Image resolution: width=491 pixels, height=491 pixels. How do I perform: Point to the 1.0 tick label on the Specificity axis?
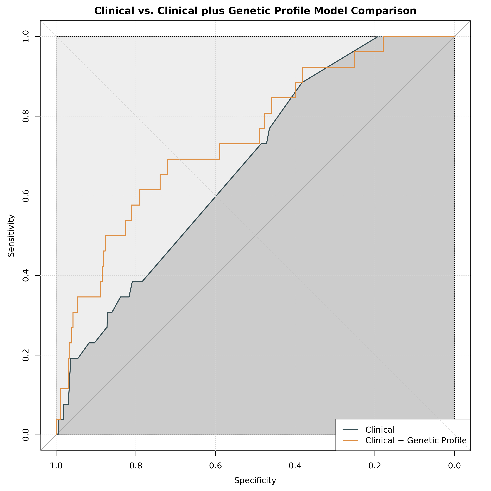click(56, 466)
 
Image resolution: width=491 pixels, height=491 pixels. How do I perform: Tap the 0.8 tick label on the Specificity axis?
click(136, 466)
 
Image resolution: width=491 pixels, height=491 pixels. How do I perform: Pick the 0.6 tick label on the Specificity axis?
click(216, 466)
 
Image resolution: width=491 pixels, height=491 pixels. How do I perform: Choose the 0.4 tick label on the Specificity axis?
click(295, 466)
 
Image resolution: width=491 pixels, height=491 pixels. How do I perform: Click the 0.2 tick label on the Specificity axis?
click(375, 466)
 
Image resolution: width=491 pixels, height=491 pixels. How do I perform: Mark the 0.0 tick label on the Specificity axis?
click(454, 466)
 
